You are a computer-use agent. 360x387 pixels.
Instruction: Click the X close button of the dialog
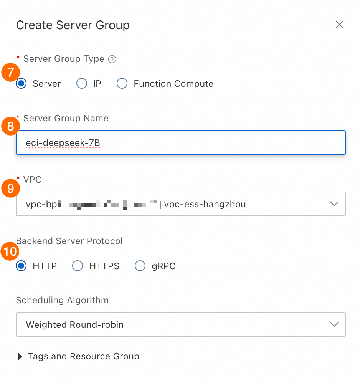pos(339,25)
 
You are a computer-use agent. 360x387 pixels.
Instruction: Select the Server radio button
pos(21,84)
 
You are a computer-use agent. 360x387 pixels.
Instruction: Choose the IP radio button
pos(82,84)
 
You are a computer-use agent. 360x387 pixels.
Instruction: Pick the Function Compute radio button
pos(122,84)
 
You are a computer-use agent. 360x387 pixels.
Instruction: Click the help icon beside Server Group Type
pos(112,59)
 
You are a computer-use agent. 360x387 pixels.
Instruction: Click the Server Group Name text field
pos(180,143)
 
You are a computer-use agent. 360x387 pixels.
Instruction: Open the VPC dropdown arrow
pos(334,204)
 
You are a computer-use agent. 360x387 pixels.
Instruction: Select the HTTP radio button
pos(21,266)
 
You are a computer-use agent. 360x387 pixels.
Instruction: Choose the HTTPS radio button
pos(78,266)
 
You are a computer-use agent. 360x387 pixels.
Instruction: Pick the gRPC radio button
pos(140,266)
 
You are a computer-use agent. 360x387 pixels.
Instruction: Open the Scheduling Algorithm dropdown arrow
pos(334,324)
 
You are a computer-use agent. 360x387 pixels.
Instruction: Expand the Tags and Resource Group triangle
pos(20,357)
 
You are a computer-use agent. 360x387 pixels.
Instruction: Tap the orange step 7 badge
pos(10,72)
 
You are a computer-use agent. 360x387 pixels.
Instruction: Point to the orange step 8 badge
pos(10,127)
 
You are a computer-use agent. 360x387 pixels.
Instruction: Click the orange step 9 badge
pos(10,188)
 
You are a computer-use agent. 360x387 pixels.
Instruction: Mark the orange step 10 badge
pos(10,252)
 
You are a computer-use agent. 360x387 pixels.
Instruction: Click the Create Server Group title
pos(73,25)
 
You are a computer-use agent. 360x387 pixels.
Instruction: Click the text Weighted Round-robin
pos(75,325)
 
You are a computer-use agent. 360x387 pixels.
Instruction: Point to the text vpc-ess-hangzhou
pos(205,204)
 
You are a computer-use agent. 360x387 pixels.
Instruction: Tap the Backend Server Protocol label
pos(69,241)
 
